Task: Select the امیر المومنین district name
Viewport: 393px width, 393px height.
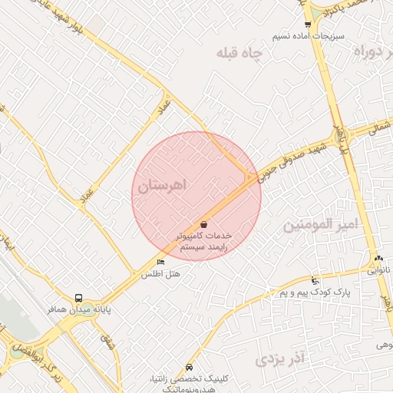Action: (321, 225)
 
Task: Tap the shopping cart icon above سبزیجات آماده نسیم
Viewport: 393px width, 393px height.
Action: (308, 25)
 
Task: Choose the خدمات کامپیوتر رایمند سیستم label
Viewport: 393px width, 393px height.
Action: (204, 242)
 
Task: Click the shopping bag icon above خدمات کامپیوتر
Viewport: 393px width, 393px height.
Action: (203, 224)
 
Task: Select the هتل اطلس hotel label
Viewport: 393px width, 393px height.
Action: (156, 274)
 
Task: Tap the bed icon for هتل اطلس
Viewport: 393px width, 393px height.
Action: (160, 263)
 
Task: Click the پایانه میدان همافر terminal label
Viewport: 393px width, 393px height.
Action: (76, 309)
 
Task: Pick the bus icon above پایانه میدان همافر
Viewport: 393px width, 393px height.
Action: (78, 298)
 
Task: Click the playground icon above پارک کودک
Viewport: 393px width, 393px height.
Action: (315, 282)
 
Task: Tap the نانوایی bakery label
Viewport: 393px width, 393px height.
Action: (378, 269)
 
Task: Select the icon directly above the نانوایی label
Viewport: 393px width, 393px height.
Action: (378, 259)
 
